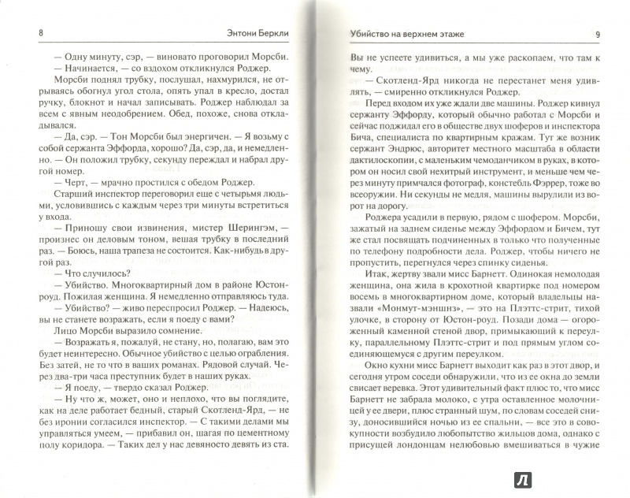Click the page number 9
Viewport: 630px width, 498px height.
tap(598, 34)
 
